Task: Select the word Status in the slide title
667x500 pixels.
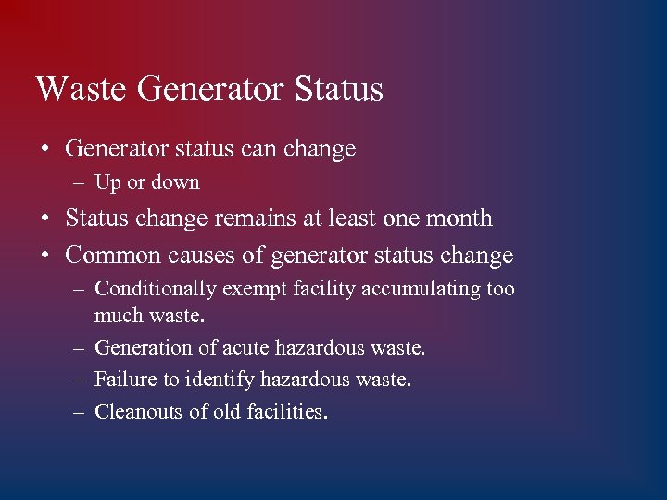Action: (338, 90)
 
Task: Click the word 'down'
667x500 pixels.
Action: (177, 183)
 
